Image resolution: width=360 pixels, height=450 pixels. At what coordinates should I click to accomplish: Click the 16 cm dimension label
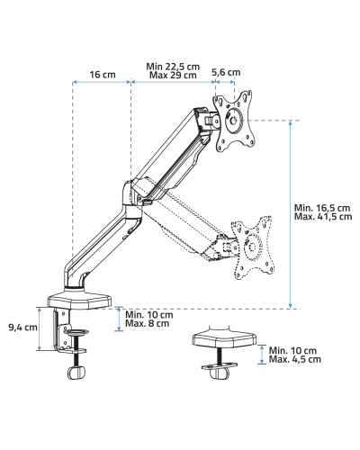pos(103,75)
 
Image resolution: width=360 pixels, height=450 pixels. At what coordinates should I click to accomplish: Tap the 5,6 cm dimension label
pos(226,72)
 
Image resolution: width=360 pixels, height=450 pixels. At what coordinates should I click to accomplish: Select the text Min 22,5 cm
pos(173,67)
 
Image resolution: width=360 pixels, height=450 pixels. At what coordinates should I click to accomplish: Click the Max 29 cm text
pos(173,75)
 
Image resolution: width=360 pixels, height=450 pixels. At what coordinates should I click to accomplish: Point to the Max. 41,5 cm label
pos(323,216)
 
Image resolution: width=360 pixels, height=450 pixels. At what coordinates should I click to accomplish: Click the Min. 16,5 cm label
pos(322,208)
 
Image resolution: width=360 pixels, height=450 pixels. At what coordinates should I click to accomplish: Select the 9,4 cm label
pos(22,328)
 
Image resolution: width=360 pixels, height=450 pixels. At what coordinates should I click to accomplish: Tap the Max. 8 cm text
pos(147,323)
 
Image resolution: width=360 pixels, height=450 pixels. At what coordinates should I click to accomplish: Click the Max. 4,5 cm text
pos(294,359)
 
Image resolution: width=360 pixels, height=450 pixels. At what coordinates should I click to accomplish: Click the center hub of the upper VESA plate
pos(234,121)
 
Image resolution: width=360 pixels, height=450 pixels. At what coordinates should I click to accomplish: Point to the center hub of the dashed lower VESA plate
pos(252,247)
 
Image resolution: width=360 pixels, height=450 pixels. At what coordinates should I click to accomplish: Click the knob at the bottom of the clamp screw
pos(76,373)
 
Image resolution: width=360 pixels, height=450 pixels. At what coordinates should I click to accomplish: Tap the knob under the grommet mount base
pos(220,373)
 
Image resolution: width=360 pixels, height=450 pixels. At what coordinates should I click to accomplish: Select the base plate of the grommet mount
pos(224,337)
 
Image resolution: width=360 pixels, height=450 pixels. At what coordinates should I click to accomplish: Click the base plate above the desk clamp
pos(79,301)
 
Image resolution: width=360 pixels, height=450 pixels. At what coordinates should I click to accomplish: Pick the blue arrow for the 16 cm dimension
pos(102,81)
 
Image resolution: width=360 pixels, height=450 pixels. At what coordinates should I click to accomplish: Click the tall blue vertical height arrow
pos(290,214)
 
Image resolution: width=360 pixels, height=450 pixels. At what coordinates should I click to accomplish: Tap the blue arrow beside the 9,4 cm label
pos(39,328)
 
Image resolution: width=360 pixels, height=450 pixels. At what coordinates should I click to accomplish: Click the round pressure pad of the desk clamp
pos(76,331)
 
